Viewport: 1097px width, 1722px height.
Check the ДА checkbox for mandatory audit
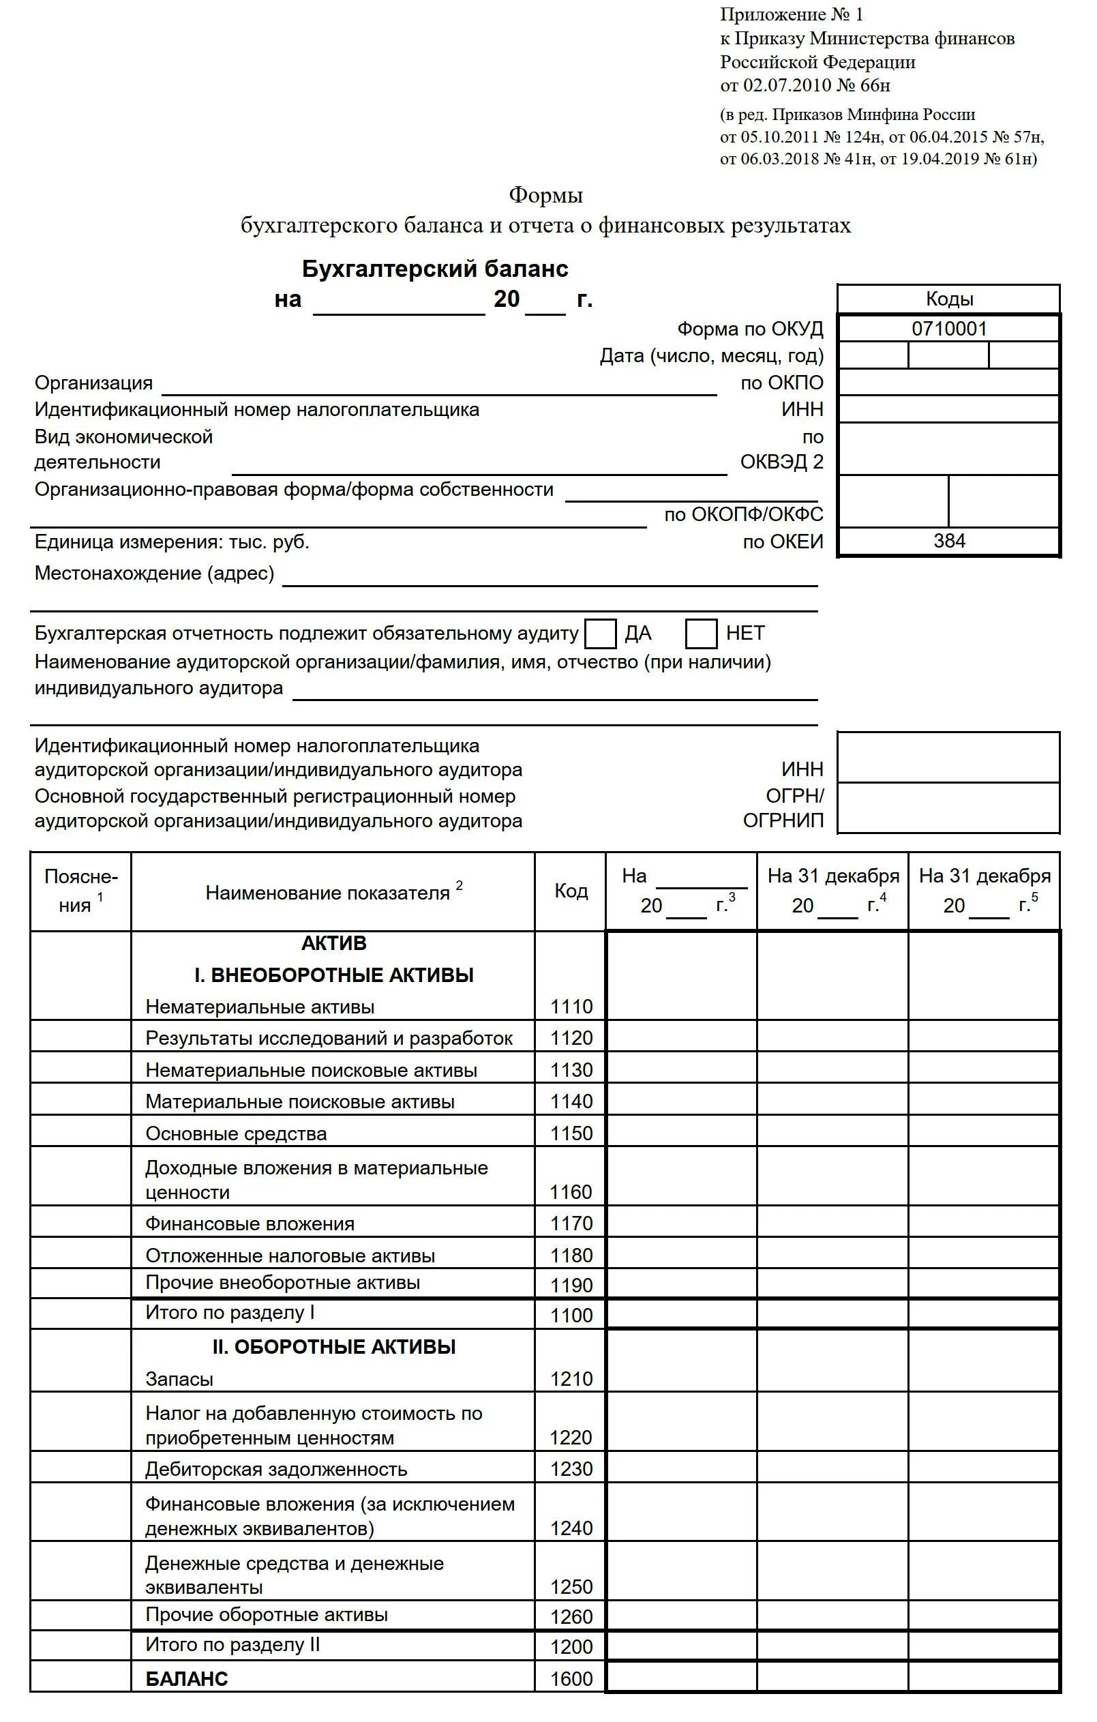tap(600, 634)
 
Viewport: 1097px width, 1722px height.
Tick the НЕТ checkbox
tap(701, 634)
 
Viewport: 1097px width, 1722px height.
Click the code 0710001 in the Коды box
tap(949, 329)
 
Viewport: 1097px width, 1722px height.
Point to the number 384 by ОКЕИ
tap(949, 541)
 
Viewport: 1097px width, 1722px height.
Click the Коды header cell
tap(949, 299)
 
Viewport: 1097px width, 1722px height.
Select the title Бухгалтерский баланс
tap(435, 269)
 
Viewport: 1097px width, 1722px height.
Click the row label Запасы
tap(179, 1380)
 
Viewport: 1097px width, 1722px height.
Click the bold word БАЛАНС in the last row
tap(187, 1679)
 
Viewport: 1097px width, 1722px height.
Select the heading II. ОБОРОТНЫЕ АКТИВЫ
tap(334, 1348)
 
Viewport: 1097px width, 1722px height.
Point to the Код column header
tap(571, 891)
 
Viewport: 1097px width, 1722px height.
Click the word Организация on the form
tap(93, 383)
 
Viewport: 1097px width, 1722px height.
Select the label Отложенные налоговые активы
tap(290, 1256)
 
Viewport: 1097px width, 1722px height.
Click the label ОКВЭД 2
tap(781, 462)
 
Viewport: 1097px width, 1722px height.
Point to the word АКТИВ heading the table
tap(334, 943)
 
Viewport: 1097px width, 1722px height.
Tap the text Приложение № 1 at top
tap(791, 15)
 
